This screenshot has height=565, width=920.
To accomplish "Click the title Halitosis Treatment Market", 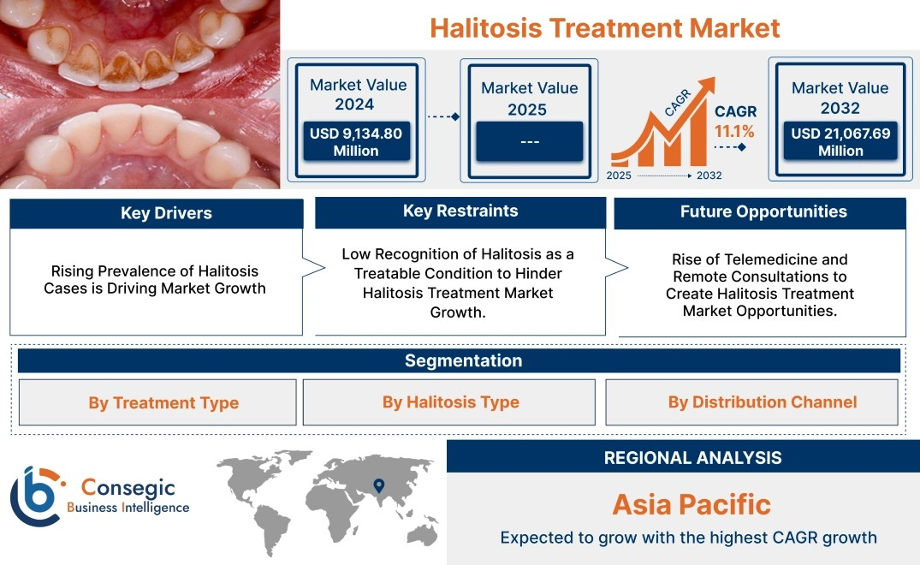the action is [605, 27].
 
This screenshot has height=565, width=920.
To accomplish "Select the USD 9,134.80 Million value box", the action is [356, 141].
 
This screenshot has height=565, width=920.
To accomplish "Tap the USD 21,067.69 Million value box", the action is [840, 141].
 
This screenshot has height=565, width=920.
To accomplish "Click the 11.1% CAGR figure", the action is [734, 132].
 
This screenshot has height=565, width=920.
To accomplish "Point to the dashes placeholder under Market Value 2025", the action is [529, 141].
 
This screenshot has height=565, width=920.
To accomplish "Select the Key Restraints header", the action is [460, 211].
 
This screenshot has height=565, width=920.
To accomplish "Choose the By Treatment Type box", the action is [157, 402].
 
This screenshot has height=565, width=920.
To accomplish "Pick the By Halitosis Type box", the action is [448, 402].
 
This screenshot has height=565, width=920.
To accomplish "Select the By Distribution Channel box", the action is [751, 402].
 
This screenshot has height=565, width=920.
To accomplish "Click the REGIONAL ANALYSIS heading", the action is [693, 458].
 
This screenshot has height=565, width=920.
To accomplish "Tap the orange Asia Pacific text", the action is [691, 504].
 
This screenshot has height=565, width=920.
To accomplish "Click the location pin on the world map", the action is [379, 485].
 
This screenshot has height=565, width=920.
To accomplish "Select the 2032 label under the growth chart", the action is [709, 175].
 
